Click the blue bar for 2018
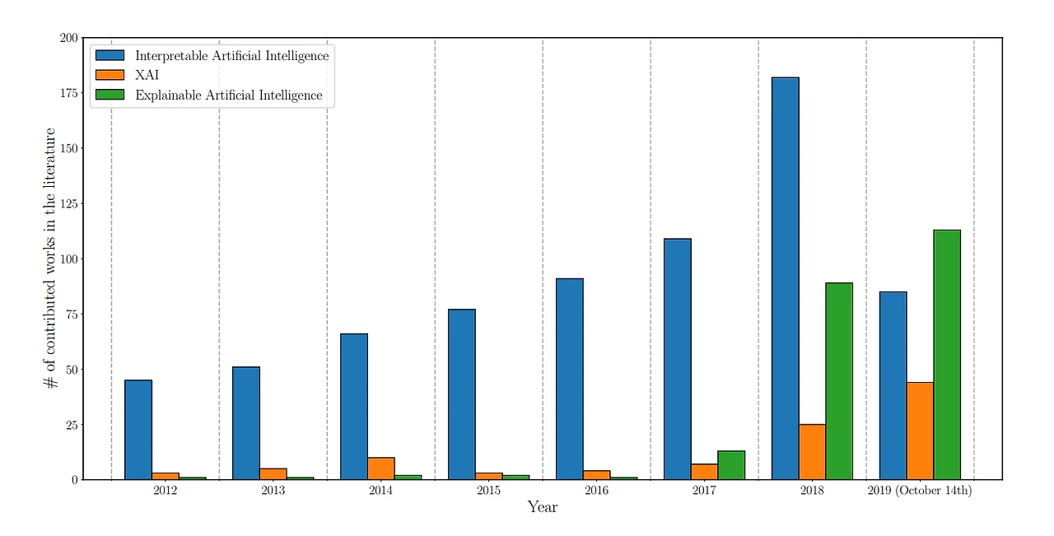(786, 278)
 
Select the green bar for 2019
(947, 355)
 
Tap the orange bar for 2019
(920, 431)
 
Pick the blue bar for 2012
(138, 430)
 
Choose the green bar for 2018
(839, 381)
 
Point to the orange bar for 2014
(381, 468)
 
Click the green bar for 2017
(731, 465)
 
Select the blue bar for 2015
(462, 394)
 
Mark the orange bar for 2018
(812, 452)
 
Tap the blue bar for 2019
(893, 386)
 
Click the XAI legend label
(147, 75)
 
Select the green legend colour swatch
(110, 95)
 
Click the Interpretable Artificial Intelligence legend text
(232, 56)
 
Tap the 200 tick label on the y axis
(68, 38)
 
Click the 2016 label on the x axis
(596, 491)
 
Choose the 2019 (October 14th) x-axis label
(920, 491)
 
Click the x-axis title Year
(543, 507)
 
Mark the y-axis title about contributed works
(50, 258)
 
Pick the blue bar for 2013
(246, 423)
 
